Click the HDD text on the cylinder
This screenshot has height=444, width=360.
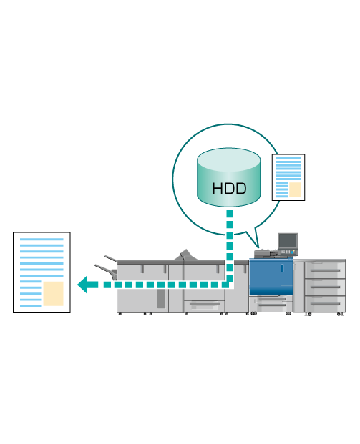[x=229, y=189]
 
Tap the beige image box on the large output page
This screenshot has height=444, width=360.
[x=53, y=293]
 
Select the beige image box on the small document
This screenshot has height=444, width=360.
[x=295, y=189]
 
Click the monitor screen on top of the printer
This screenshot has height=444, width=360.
[x=288, y=240]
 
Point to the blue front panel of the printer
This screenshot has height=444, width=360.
[x=271, y=277]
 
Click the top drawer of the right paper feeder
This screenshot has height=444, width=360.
[x=325, y=270]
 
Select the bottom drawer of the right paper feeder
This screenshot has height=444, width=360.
[x=325, y=304]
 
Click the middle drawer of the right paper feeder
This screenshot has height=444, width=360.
[x=325, y=287]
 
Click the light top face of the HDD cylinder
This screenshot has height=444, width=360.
[x=228, y=159]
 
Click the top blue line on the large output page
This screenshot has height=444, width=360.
[x=42, y=240]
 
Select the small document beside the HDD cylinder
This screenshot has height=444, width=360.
[x=288, y=177]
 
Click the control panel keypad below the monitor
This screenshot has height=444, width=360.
[x=288, y=252]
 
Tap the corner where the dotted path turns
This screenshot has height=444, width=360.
[x=230, y=285]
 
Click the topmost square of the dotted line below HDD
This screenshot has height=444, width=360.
[x=230, y=214]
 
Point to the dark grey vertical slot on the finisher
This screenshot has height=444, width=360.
[x=161, y=298]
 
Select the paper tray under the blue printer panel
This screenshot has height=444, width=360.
[x=274, y=304]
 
